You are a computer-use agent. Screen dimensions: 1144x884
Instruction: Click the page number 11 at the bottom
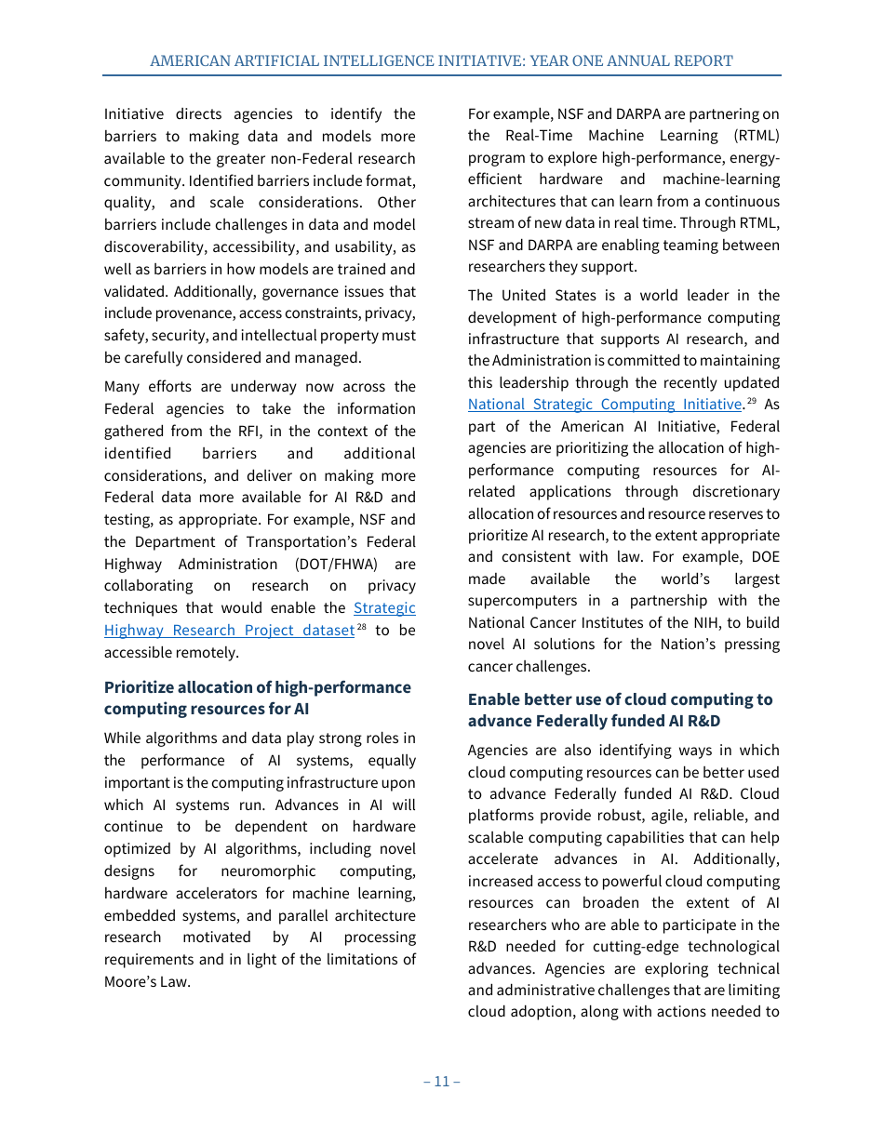442,1081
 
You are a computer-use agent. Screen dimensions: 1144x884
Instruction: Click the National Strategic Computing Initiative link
604,405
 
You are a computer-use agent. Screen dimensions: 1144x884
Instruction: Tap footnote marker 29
753,401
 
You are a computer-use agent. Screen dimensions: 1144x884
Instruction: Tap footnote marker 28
361,627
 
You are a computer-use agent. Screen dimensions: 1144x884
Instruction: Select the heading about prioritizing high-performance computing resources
257,698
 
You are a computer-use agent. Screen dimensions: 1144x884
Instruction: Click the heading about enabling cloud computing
620,710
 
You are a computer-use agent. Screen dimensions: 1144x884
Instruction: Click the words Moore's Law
147,981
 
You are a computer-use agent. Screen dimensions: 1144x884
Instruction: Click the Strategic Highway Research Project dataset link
229,630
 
